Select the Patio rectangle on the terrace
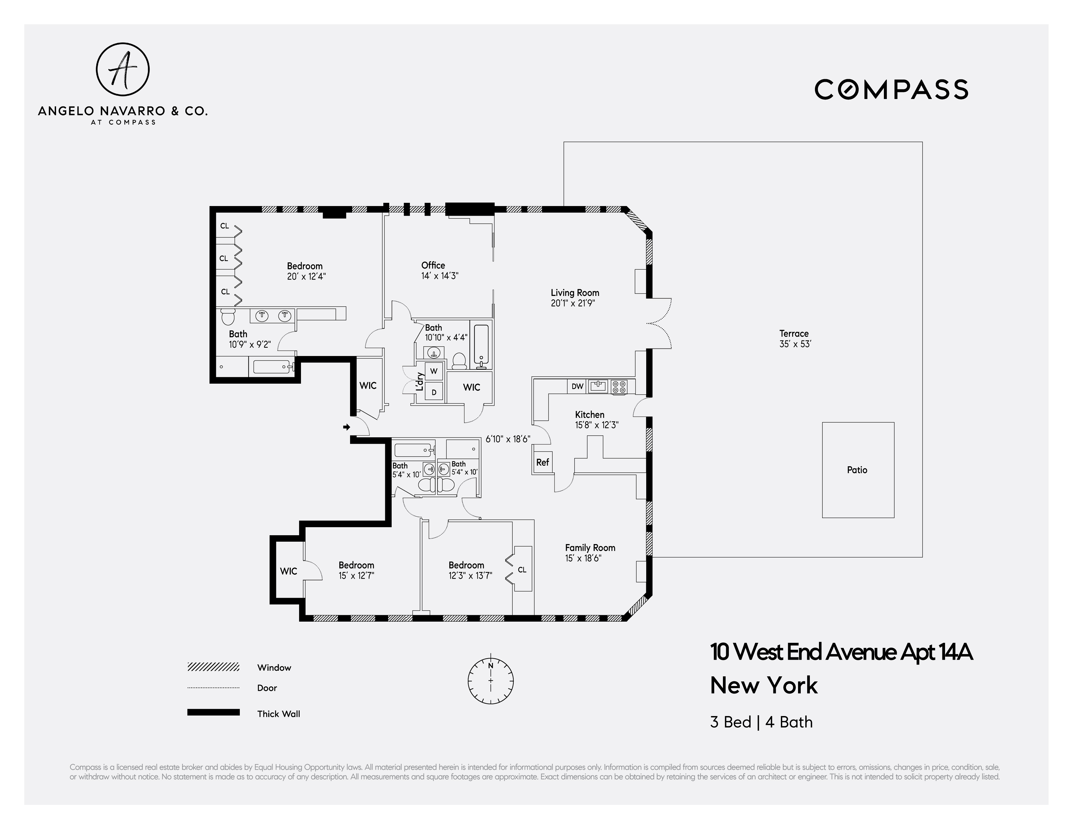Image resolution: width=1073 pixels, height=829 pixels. [858, 470]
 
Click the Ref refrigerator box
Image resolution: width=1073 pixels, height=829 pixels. [542, 463]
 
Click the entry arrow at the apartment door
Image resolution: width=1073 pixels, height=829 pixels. [346, 427]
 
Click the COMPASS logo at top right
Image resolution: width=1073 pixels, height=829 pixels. [891, 89]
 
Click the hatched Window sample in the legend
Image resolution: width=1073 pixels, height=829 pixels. [213, 667]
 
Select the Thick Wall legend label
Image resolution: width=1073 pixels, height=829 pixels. [278, 714]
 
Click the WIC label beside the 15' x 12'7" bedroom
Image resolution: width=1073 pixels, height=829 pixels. [288, 571]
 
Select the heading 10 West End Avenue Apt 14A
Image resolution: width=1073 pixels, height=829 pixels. [841, 652]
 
